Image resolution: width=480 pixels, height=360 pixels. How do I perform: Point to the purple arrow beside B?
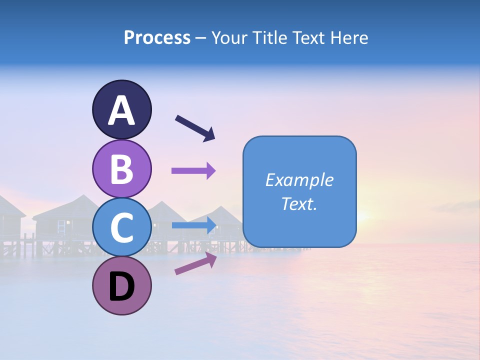click(x=193, y=170)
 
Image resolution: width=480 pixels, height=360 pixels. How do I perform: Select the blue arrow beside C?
click(x=193, y=225)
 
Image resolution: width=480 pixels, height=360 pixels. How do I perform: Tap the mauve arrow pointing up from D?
click(x=195, y=263)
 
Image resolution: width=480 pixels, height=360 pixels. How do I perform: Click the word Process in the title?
click(x=157, y=38)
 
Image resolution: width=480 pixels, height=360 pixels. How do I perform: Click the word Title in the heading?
click(x=269, y=38)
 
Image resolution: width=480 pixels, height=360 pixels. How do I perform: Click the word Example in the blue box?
click(x=299, y=180)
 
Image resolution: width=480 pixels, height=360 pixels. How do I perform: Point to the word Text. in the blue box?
click(x=299, y=203)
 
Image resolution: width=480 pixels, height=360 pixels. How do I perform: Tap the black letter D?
click(x=121, y=287)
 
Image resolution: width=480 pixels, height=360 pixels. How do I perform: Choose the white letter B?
click(x=121, y=168)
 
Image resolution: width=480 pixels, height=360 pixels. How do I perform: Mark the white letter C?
click(x=121, y=227)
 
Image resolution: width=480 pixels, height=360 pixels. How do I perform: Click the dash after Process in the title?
click(x=201, y=38)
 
